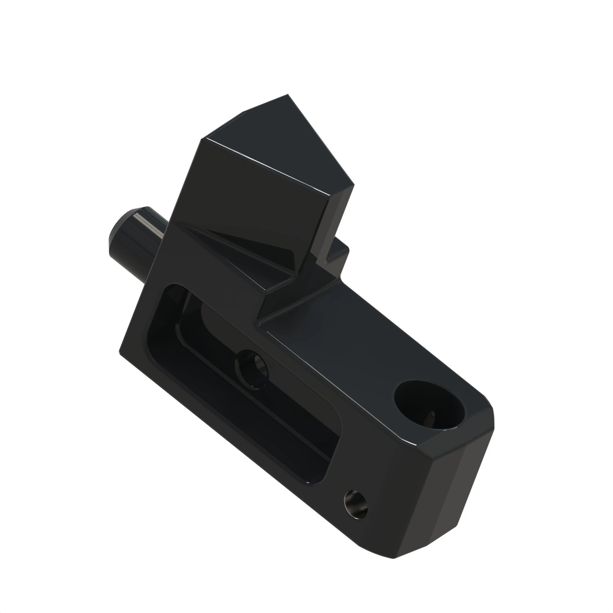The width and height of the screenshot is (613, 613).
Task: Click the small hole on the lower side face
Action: tap(356, 504)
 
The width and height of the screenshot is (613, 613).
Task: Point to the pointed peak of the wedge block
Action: tap(287, 95)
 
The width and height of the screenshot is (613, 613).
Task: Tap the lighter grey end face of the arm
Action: tap(457, 485)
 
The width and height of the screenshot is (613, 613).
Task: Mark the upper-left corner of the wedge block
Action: tap(202, 139)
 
